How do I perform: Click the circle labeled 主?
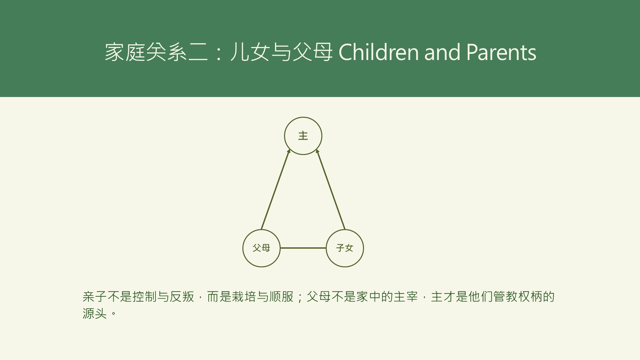(303, 136)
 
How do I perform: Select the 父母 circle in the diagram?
(261, 248)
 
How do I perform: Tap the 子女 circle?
(345, 248)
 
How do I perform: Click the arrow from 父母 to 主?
(275, 190)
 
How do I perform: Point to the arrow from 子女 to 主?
(331, 190)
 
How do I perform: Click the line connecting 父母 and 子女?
(303, 248)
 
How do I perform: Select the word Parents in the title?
(501, 52)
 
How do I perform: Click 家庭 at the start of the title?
(125, 52)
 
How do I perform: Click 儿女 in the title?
(250, 52)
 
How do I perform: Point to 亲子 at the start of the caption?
(95, 297)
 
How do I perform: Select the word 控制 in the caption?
(145, 297)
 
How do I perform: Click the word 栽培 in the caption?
(244, 297)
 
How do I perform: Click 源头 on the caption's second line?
(95, 313)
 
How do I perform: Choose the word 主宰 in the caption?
(406, 297)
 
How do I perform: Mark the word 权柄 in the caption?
(530, 297)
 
